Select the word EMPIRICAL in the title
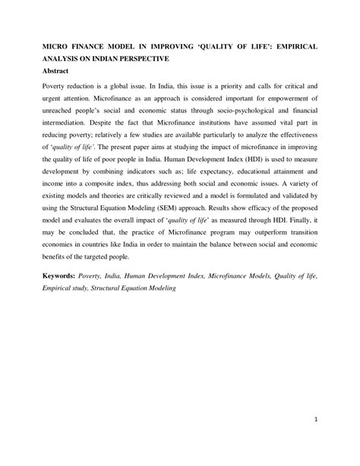pyautogui.click(x=289, y=46)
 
